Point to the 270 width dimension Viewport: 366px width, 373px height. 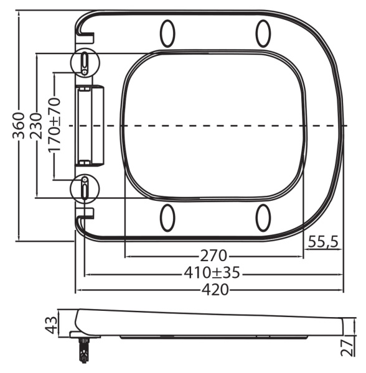click(x=213, y=256)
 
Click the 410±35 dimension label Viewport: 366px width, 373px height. click(x=212, y=273)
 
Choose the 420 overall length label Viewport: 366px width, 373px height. click(x=213, y=290)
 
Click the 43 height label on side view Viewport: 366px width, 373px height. click(x=52, y=324)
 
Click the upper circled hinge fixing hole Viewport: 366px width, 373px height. click(x=85, y=62)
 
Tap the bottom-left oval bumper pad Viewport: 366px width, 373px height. click(x=167, y=218)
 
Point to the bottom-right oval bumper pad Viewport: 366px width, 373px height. click(x=263, y=218)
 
